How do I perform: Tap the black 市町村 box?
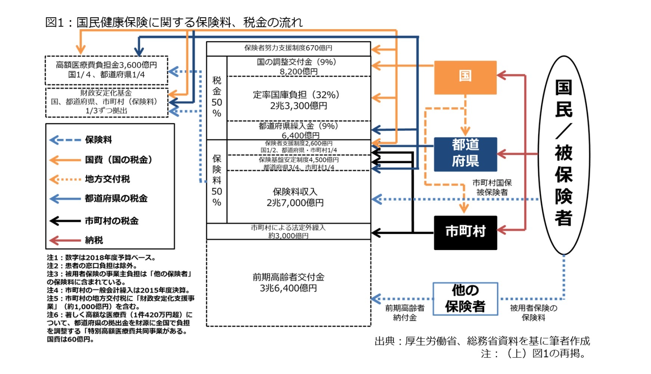[x=465, y=232]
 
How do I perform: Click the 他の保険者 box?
[x=465, y=299]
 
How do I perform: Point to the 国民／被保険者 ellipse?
[x=564, y=155]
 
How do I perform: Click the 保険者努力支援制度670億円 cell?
[x=288, y=48]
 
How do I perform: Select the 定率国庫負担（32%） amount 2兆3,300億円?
[x=298, y=106]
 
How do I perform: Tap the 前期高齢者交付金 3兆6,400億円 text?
[x=288, y=283]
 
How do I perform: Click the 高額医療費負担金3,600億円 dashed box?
[x=106, y=70]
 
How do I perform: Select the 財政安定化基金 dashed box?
[x=106, y=102]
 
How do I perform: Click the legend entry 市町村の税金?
[x=111, y=221]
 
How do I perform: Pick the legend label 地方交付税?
[x=107, y=179]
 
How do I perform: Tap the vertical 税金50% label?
[x=217, y=97]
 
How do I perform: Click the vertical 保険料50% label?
[x=217, y=181]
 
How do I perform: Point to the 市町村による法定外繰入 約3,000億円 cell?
[x=288, y=231]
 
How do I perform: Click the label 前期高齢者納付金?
[x=405, y=313]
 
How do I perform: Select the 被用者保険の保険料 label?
[x=533, y=313]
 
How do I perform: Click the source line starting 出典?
[x=482, y=341]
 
